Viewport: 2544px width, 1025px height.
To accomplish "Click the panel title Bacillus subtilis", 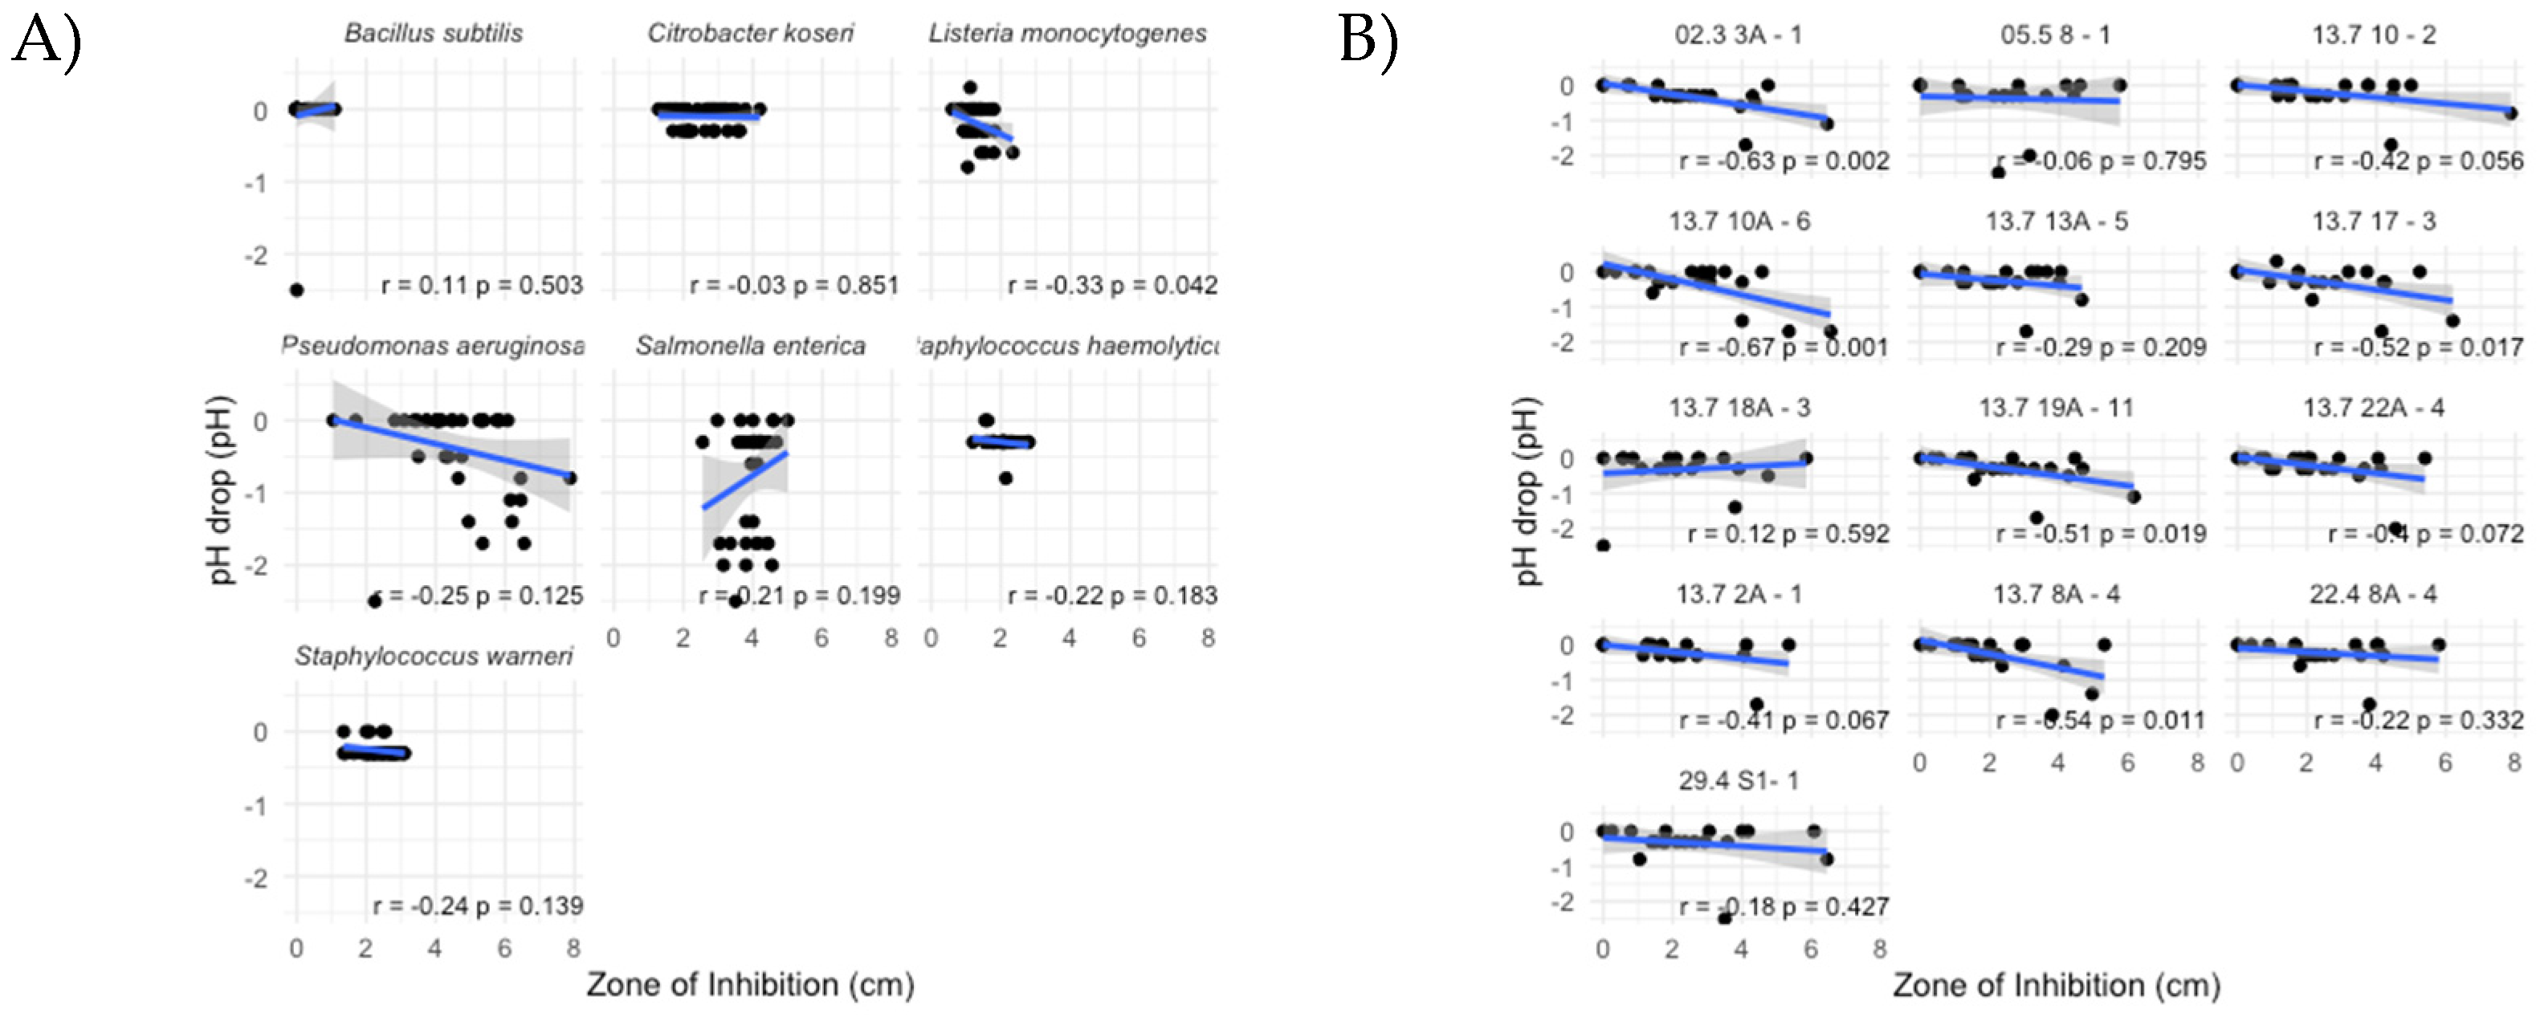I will click(x=434, y=34).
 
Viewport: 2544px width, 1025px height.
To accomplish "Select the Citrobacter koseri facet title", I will click(x=751, y=34).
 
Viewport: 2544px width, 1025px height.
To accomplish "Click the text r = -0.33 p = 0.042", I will click(x=1112, y=286).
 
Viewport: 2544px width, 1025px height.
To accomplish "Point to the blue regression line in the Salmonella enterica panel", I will click(x=746, y=480).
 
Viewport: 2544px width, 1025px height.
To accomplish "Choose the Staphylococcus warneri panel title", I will click(x=434, y=657).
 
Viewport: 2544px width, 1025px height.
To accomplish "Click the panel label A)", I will click(x=46, y=42).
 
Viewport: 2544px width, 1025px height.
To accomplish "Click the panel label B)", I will click(x=1369, y=42).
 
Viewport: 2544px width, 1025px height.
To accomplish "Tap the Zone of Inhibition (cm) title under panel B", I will click(x=2056, y=986).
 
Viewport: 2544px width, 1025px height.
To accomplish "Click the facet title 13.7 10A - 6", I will click(x=1739, y=222).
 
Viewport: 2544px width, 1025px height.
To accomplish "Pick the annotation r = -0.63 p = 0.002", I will click(x=1784, y=161).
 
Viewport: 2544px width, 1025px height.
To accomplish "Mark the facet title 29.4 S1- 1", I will click(x=1739, y=781).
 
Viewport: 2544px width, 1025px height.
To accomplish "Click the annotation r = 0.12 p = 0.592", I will click(x=1788, y=535).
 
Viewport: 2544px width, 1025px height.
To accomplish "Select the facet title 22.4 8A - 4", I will click(x=2372, y=595).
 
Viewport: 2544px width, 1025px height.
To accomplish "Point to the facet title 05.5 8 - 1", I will click(x=2055, y=35).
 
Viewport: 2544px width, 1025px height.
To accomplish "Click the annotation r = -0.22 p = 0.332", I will click(x=2419, y=721).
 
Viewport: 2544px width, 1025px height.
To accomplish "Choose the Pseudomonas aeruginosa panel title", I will click(x=434, y=346).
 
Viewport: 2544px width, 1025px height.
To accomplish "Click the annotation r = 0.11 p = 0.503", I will click(x=482, y=286).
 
